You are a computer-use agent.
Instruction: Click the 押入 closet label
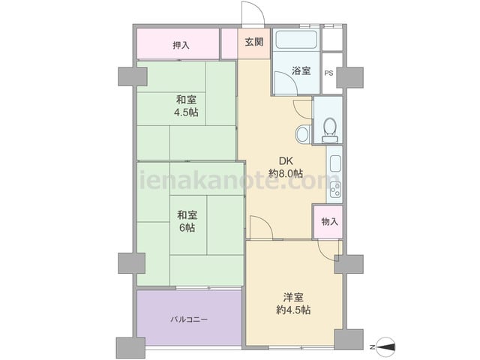pos(181,46)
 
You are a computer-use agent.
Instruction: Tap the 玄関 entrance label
pos(254,42)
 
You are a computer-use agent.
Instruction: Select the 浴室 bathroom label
pos(301,70)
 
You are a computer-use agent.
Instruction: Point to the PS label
pos(328,73)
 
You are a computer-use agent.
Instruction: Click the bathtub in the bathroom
pos(296,40)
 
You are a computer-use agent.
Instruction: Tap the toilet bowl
pos(330,130)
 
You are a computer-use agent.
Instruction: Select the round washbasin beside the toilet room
pos(302,134)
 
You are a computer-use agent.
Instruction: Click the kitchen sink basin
pos(335,163)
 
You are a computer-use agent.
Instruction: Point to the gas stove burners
pos(335,190)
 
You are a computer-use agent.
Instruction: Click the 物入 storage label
pos(330,222)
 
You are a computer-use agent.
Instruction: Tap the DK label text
pos(286,161)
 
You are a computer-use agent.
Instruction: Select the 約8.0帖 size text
pos(286,173)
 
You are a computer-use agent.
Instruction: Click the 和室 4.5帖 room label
pos(186,106)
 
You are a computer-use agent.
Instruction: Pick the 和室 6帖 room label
pos(187,221)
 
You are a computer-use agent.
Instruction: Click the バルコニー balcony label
pos(189,319)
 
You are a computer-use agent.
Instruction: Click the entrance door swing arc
pos(258,7)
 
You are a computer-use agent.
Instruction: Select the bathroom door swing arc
pos(290,77)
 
